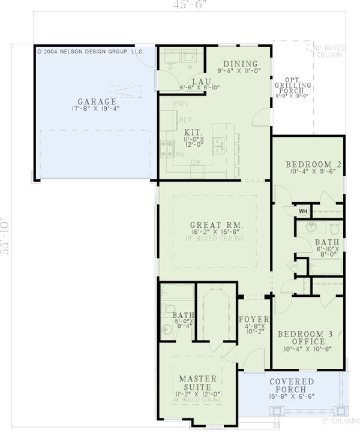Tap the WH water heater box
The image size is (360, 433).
tap(303, 211)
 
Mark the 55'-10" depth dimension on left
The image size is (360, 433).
tap(6, 236)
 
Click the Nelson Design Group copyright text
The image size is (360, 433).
tap(90, 52)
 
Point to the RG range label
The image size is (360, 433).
tap(179, 154)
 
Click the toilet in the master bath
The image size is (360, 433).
tap(167, 329)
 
